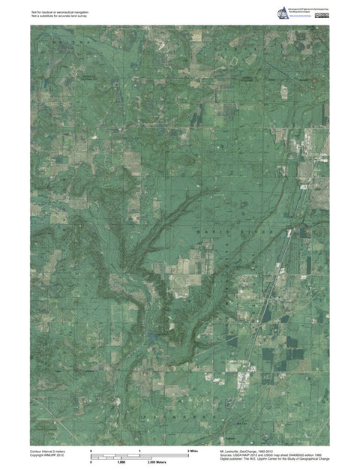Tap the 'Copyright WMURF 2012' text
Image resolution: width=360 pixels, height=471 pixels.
tap(46, 455)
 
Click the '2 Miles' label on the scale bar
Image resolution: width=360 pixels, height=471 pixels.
tap(193, 450)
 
